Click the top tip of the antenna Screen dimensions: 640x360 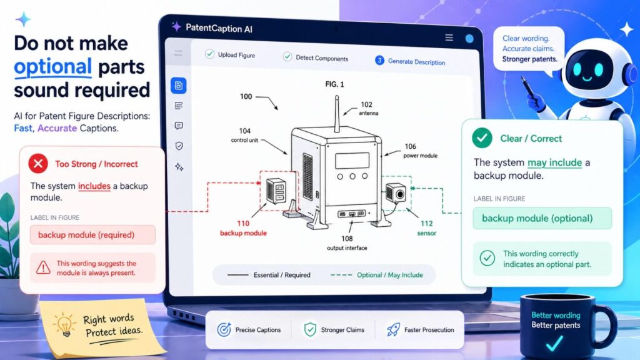(x=337, y=96)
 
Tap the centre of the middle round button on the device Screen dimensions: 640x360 (x=352, y=176)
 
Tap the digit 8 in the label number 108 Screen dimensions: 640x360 (x=351, y=239)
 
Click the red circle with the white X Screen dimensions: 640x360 (x=38, y=164)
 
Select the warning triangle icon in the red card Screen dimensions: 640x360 (x=43, y=267)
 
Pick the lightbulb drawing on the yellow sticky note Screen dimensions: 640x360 (x=64, y=324)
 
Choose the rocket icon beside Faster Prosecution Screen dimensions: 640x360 (x=393, y=329)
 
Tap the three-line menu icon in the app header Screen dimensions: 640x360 (x=449, y=37)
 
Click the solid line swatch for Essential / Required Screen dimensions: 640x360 (x=237, y=275)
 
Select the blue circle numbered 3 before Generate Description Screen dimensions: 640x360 (x=379, y=61)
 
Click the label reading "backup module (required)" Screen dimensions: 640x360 (x=86, y=235)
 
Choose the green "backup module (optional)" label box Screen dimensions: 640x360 (x=542, y=218)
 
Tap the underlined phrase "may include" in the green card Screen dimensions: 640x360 (x=555, y=162)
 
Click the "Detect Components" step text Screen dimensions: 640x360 (x=322, y=58)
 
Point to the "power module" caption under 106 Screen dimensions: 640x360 (x=420, y=156)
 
